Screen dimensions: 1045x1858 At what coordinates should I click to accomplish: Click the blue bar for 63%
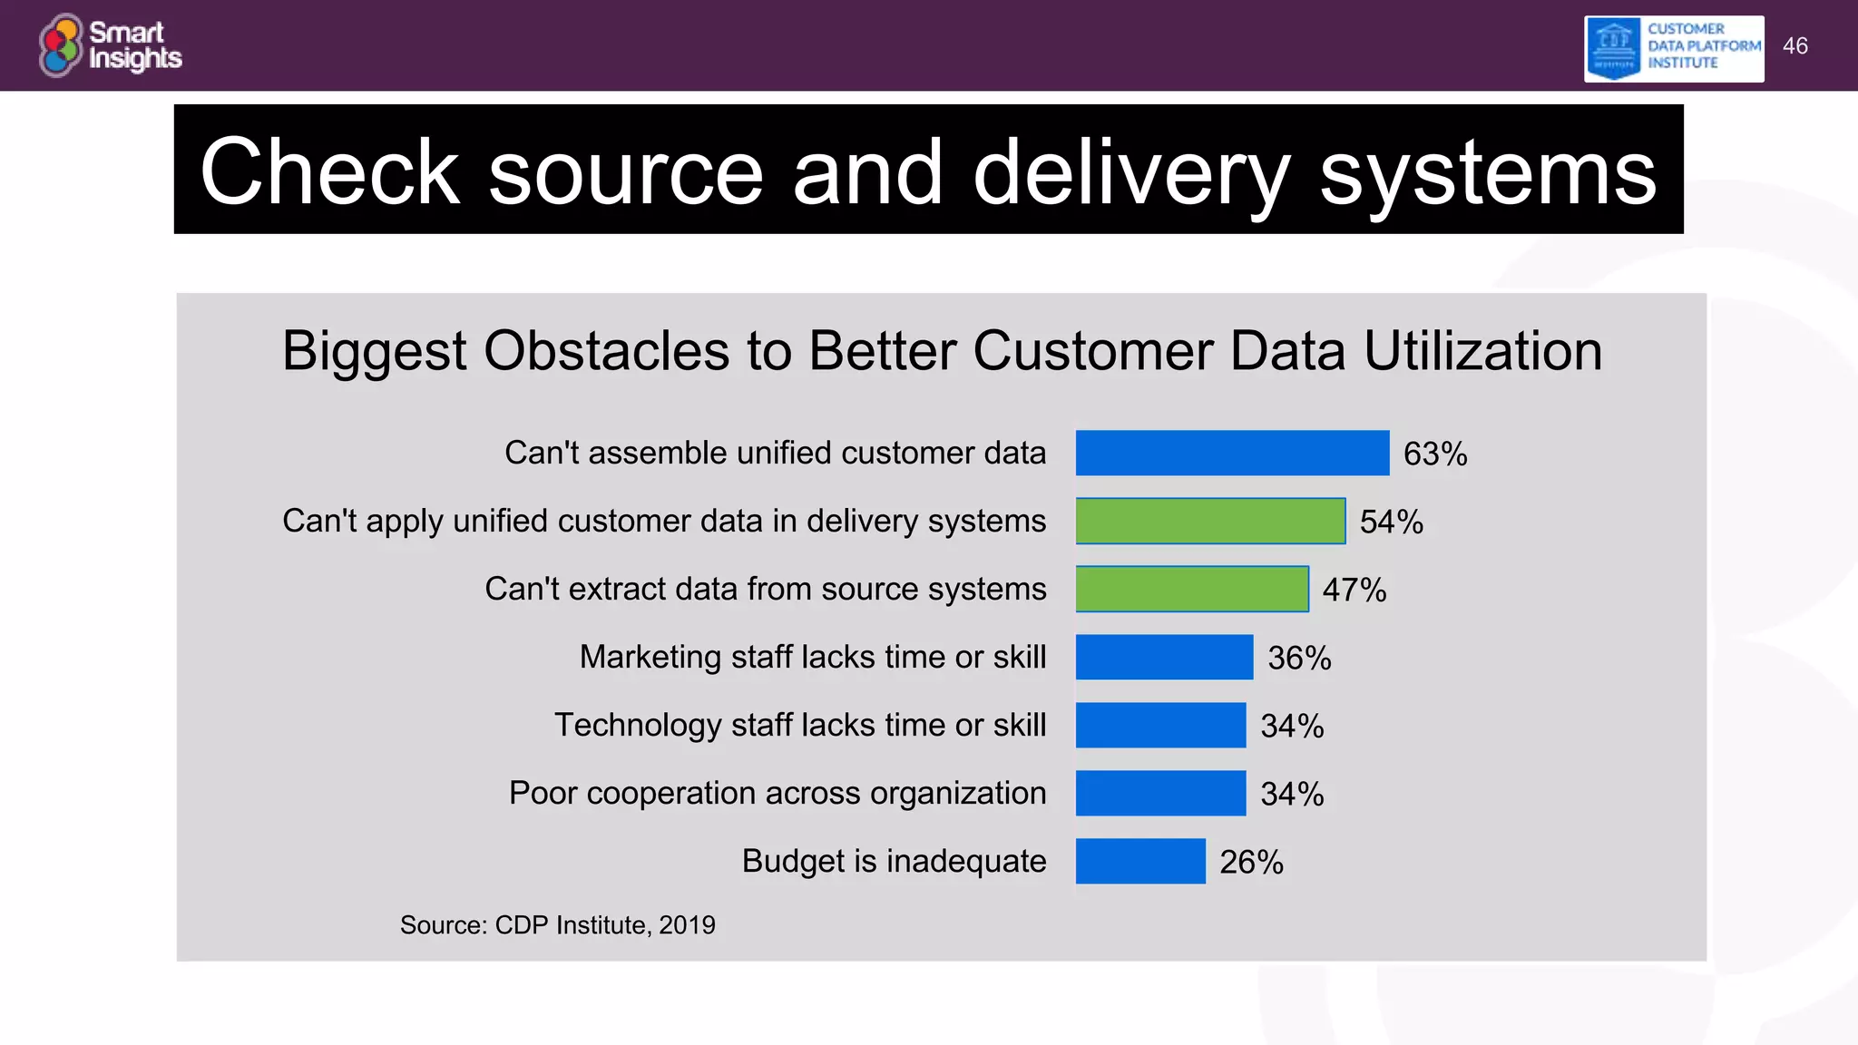1232,453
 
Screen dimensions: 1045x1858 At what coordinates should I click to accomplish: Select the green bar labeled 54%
1210,521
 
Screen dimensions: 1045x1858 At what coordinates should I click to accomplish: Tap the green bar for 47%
1192,589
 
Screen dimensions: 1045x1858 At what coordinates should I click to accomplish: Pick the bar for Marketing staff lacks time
1164,657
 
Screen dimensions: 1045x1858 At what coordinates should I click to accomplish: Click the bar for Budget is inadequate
1140,861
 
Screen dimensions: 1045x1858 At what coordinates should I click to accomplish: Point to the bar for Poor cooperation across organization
1160,793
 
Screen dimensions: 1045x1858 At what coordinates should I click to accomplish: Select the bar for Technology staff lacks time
1160,725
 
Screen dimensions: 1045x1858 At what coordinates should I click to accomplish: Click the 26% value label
1251,862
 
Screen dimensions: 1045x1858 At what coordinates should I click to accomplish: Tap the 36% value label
1299,658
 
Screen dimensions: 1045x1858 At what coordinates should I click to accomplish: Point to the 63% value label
1435,454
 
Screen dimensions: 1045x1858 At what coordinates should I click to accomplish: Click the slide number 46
1794,46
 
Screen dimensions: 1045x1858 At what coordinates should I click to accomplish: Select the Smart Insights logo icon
61,45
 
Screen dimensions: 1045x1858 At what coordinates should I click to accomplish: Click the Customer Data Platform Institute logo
1674,48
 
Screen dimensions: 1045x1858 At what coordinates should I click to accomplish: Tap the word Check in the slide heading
329,172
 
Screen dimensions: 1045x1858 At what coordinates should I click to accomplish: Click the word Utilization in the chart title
1482,351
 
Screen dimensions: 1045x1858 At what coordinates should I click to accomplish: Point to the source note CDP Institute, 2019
557,925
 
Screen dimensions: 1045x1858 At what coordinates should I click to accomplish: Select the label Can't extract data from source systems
765,589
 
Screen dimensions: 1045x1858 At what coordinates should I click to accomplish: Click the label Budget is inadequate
894,861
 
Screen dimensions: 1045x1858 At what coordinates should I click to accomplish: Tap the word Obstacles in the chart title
606,351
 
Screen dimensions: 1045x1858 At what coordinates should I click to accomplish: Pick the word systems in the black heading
1488,172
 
